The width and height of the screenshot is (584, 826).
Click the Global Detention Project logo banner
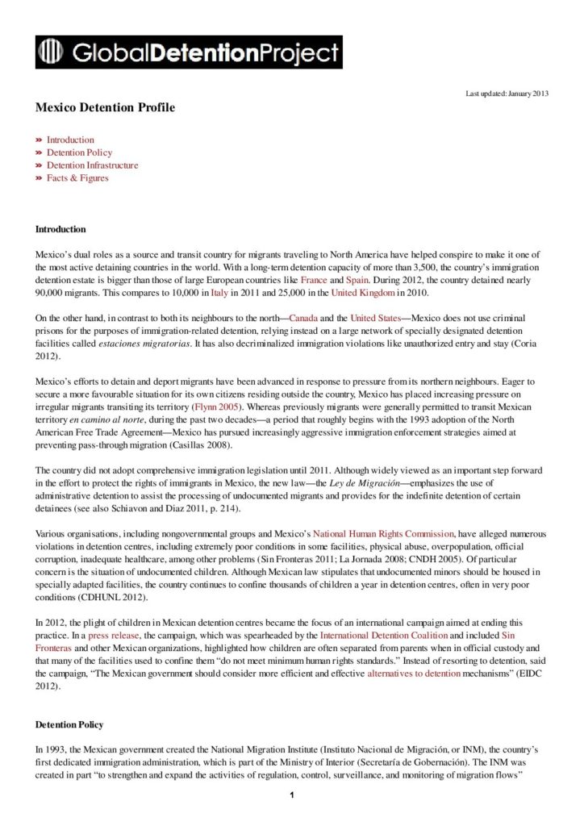[x=189, y=52]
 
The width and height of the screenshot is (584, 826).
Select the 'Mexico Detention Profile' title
[x=105, y=107]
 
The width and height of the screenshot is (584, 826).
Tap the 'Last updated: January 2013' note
[x=507, y=94]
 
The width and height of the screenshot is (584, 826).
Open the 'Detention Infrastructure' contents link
[x=92, y=165]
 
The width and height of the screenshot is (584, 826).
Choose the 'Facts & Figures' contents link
[x=77, y=178]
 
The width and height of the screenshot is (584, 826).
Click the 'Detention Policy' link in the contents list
[x=79, y=152]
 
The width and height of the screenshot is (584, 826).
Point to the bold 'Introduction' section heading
[x=60, y=230]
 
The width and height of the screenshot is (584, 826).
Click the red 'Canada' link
[x=303, y=319]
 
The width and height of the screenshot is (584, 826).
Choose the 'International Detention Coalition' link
[x=384, y=636]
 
